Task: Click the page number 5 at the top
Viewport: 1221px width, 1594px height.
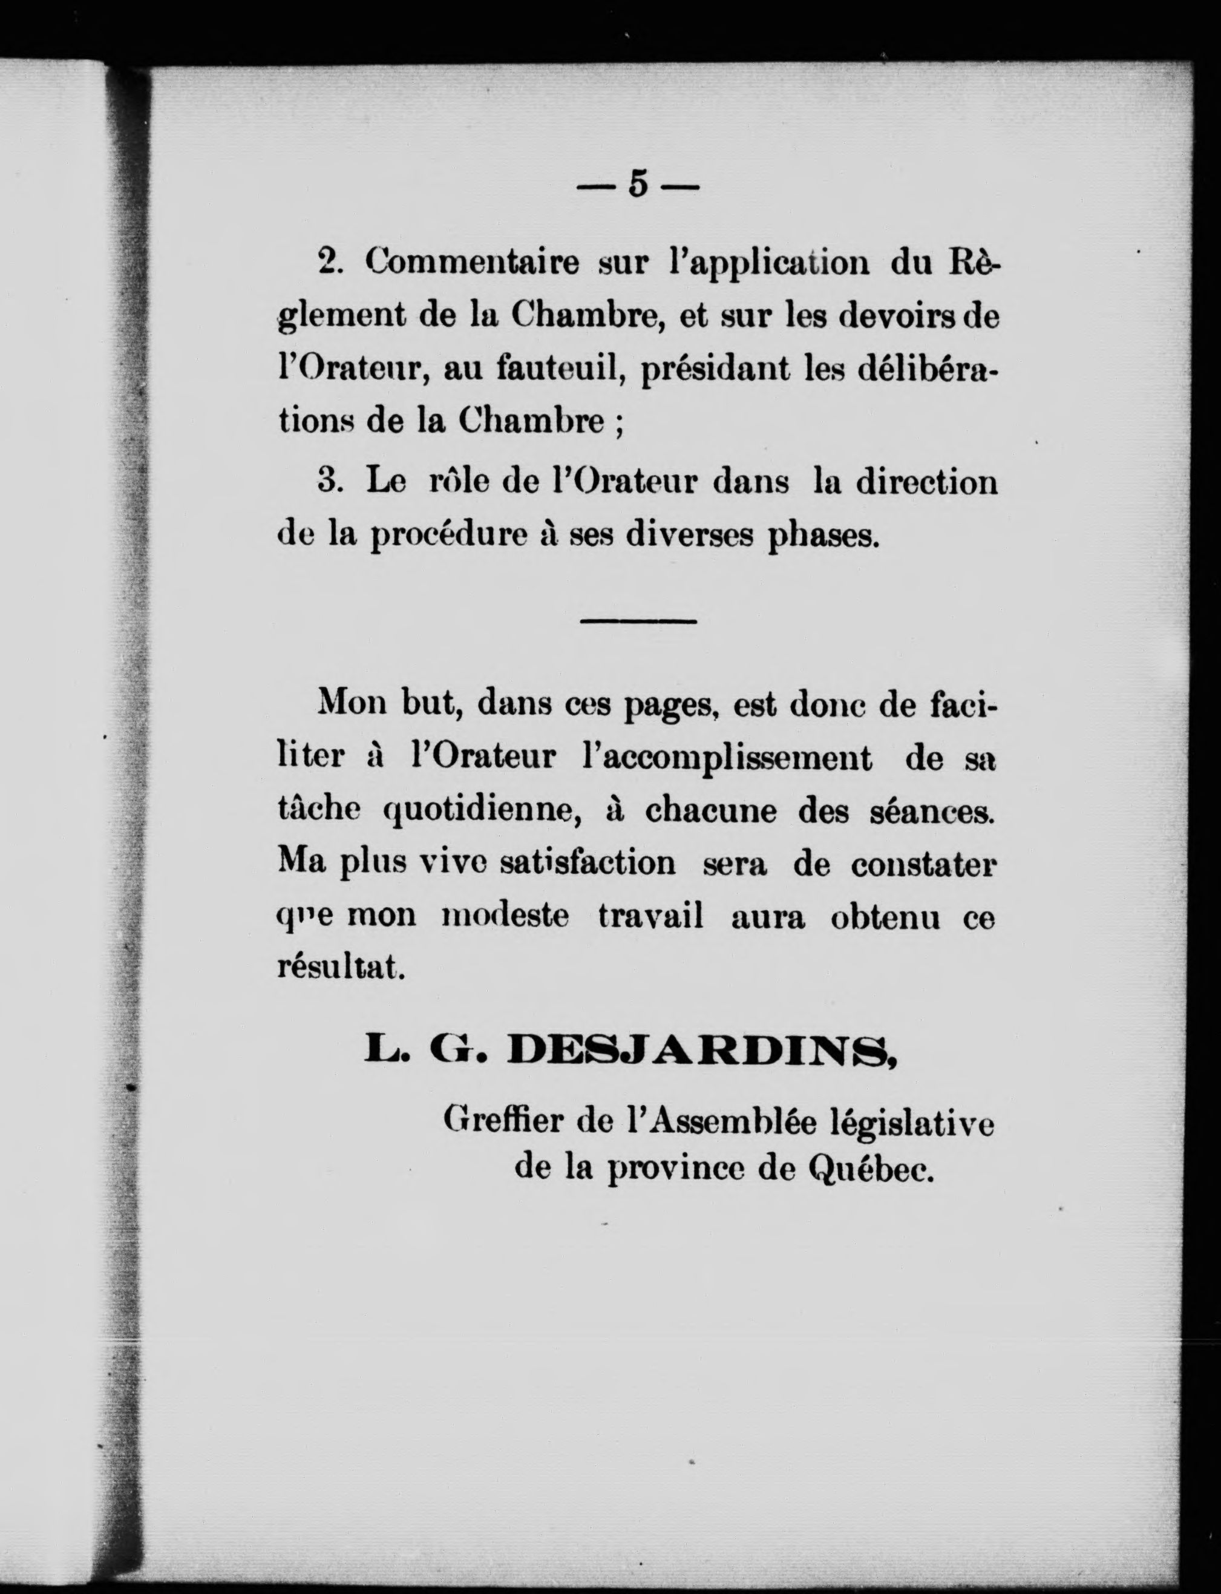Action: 637,185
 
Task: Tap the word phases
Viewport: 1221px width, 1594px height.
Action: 823,536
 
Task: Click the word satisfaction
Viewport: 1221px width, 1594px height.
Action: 588,864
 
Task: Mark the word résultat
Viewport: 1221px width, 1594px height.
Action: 341,969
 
